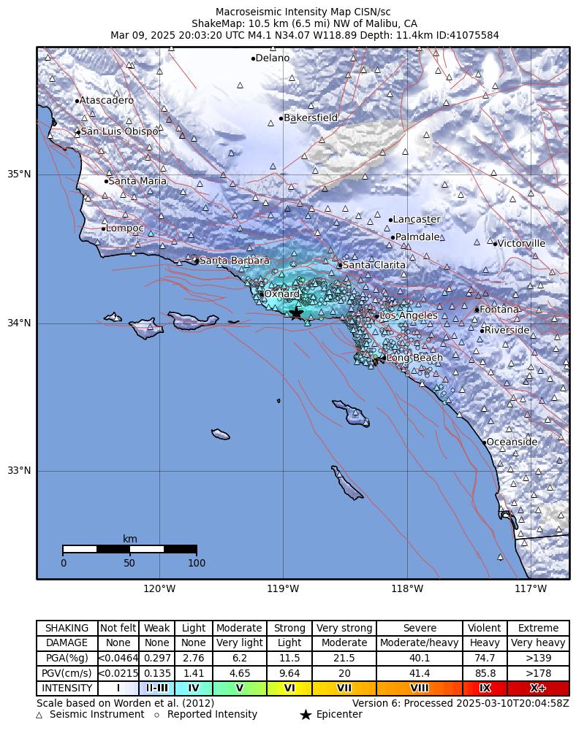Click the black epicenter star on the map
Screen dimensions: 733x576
pos(296,312)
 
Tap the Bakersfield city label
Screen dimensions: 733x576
pos(311,118)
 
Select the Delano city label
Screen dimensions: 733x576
pos(273,58)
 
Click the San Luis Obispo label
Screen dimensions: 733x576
pos(119,131)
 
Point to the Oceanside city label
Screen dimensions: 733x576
pos(512,442)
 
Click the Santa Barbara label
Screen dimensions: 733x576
pos(234,261)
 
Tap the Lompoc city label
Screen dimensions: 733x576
pos(125,229)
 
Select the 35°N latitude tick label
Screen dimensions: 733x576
pos(20,174)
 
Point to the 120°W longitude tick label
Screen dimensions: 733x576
pos(159,589)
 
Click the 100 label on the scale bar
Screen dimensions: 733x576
pos(197,563)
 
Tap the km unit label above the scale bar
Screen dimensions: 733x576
pos(129,539)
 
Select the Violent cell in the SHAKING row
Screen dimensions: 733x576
pos(485,628)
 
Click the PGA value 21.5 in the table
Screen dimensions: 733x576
pos(344,658)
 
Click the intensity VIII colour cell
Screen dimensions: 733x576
pos(420,688)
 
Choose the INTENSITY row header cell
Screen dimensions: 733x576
pos(67,688)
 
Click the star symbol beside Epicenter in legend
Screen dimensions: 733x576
pos(306,715)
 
